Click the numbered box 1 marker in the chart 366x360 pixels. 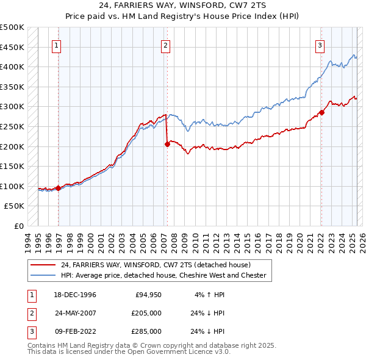56,44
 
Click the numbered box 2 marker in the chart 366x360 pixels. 165,44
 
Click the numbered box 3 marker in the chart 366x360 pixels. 320,44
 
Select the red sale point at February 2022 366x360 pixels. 321,112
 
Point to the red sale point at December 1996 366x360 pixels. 59,188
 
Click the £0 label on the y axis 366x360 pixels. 18,226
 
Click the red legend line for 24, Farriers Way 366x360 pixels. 43,265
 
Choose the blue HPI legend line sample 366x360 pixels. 43,275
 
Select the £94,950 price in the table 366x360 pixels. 148,295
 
